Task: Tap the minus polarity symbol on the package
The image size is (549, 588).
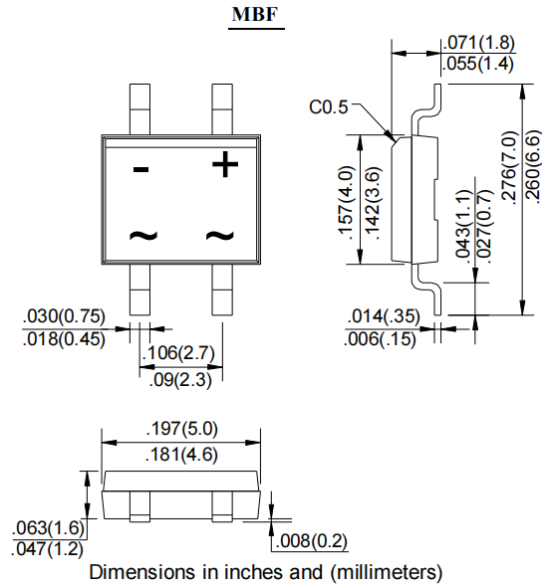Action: [141, 169]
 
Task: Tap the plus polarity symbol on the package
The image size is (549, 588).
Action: [226, 164]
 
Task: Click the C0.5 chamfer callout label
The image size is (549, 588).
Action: [328, 106]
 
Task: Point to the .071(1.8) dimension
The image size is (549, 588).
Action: [475, 43]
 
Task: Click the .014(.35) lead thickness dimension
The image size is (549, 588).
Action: [385, 317]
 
